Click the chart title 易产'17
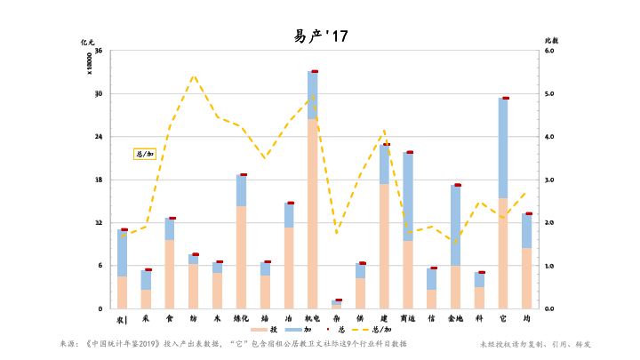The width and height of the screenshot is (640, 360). tap(321, 36)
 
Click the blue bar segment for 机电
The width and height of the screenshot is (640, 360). tap(313, 95)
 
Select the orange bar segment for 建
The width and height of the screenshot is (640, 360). tap(384, 245)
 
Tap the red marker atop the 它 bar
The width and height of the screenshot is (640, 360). tap(505, 98)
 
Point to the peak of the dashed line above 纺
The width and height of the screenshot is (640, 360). tap(194, 76)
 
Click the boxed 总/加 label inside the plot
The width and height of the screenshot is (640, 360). tap(144, 154)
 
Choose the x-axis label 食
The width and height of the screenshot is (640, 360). tap(170, 317)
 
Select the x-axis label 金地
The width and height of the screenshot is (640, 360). tap(455, 317)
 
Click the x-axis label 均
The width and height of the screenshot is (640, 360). tap(527, 317)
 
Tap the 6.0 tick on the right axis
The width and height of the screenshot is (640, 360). tap(548, 51)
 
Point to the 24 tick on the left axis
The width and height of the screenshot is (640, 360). tap(99, 137)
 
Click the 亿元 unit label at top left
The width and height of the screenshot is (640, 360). tap(87, 41)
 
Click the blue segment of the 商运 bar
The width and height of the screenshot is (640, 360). tap(408, 196)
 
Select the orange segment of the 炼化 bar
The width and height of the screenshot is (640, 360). tap(241, 257)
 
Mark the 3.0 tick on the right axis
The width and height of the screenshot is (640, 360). tap(548, 180)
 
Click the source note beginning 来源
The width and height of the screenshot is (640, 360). tap(233, 343)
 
